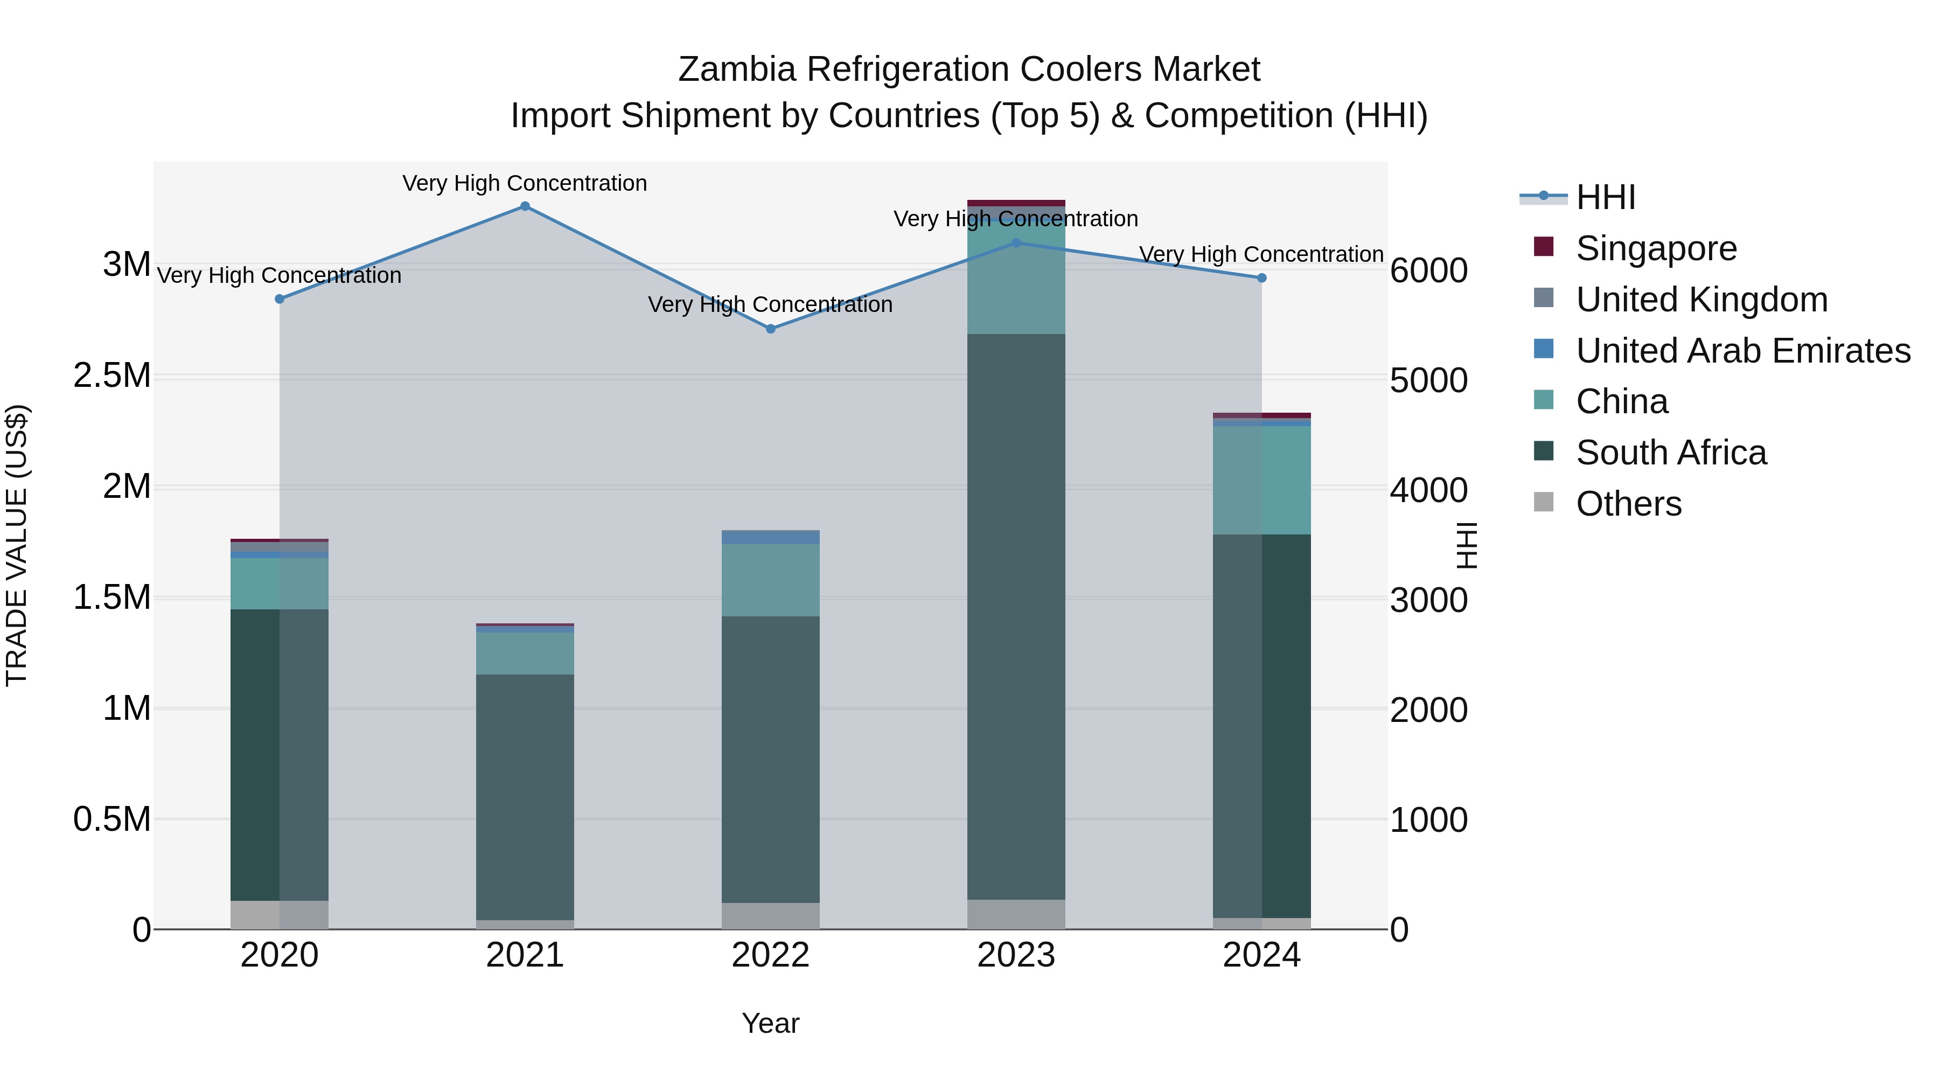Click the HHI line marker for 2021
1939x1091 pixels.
click(525, 206)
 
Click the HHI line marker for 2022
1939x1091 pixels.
click(770, 329)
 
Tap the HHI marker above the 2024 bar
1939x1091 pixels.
click(1261, 278)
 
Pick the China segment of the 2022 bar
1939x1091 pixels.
click(770, 580)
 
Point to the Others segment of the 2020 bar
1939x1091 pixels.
click(279, 915)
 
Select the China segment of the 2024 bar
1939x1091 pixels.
click(1261, 481)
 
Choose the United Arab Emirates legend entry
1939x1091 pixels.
click(1742, 351)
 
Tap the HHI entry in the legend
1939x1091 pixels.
click(1605, 197)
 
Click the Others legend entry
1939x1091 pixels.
click(1628, 504)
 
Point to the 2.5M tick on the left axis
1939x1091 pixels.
click(112, 376)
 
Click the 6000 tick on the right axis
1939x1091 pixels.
click(1428, 270)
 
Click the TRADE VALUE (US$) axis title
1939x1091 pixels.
click(17, 545)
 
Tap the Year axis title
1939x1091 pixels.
click(770, 1023)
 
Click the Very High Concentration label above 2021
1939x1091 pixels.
click(525, 183)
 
